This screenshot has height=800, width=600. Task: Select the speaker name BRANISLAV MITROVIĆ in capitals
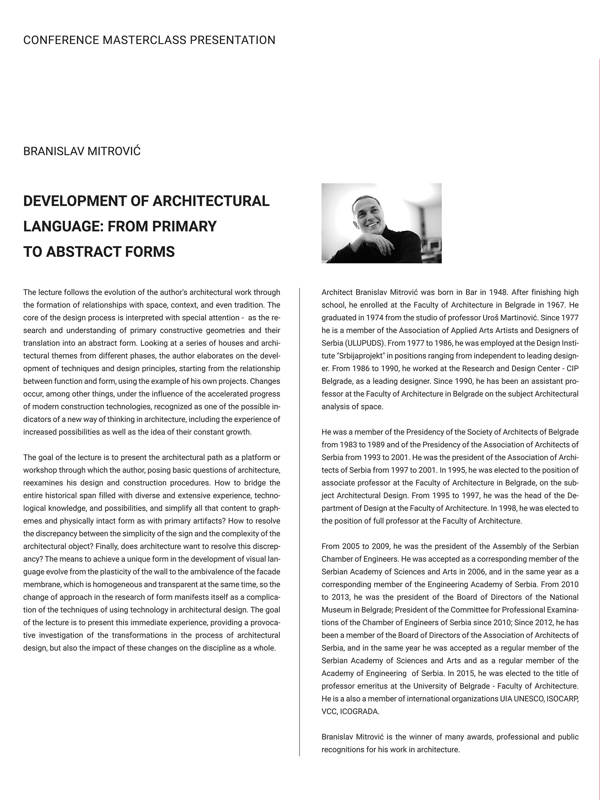pyautogui.click(x=82, y=151)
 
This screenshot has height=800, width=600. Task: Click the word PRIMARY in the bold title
pyautogui.click(x=184, y=226)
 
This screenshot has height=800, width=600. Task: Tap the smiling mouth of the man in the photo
pyautogui.click(x=371, y=225)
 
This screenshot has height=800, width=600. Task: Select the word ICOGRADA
pyautogui.click(x=359, y=711)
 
